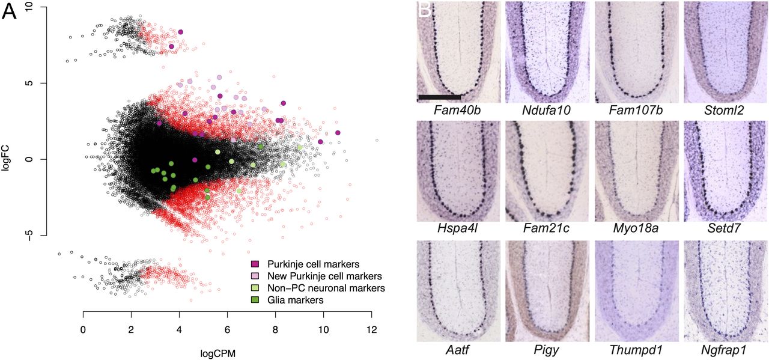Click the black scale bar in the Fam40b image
point(439,96)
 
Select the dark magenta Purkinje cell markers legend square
point(254,264)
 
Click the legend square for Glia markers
point(254,300)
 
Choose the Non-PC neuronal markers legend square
point(254,288)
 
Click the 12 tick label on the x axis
point(371,330)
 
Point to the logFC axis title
point(7,159)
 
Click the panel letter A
point(10,12)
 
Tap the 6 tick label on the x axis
point(227,330)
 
